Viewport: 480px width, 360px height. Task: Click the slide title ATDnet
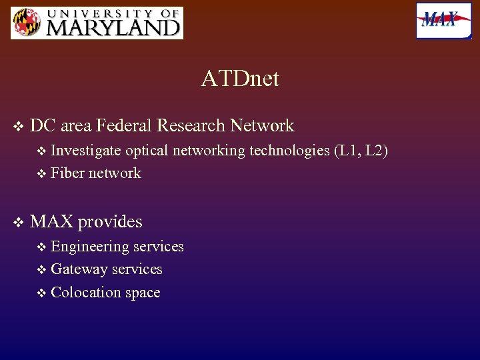click(x=240, y=79)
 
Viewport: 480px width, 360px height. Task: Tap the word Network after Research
click(x=261, y=125)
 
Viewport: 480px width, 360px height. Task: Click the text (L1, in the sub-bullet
click(x=346, y=151)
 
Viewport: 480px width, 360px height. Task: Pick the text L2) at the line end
click(x=377, y=151)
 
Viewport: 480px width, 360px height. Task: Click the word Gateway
click(x=79, y=269)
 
